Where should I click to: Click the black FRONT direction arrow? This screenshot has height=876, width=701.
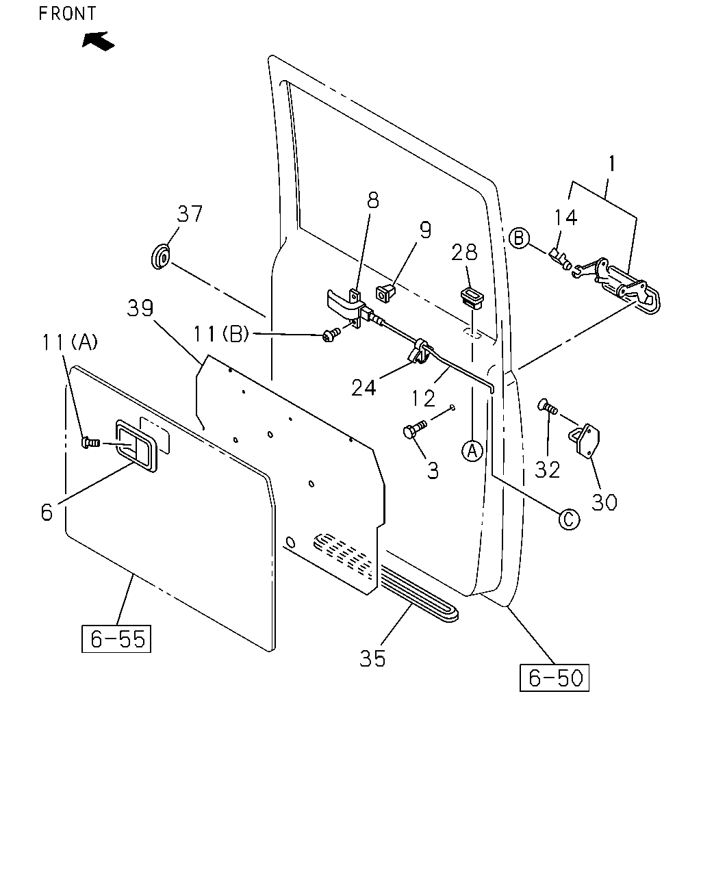pyautogui.click(x=98, y=42)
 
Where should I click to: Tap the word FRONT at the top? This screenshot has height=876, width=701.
pyautogui.click(x=67, y=14)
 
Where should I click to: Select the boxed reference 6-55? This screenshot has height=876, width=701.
pyautogui.click(x=116, y=639)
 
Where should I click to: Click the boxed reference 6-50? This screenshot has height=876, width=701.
pyautogui.click(x=555, y=678)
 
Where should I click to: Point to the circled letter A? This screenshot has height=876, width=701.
pyautogui.click(x=472, y=451)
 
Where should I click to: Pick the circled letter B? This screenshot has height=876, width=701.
pyautogui.click(x=519, y=238)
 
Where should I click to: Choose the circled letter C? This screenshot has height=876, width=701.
pyautogui.click(x=569, y=519)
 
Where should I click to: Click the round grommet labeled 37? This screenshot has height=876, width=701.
pyautogui.click(x=161, y=257)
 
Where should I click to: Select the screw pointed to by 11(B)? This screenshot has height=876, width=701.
pyautogui.click(x=331, y=335)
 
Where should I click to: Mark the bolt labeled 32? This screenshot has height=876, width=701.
pyautogui.click(x=548, y=407)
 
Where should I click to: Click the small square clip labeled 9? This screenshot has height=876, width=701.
pyautogui.click(x=385, y=293)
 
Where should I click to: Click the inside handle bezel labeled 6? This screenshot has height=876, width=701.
pyautogui.click(x=136, y=446)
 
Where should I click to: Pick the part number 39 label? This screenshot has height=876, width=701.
pyautogui.click(x=140, y=308)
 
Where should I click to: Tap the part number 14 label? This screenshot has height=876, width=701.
pyautogui.click(x=565, y=218)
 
